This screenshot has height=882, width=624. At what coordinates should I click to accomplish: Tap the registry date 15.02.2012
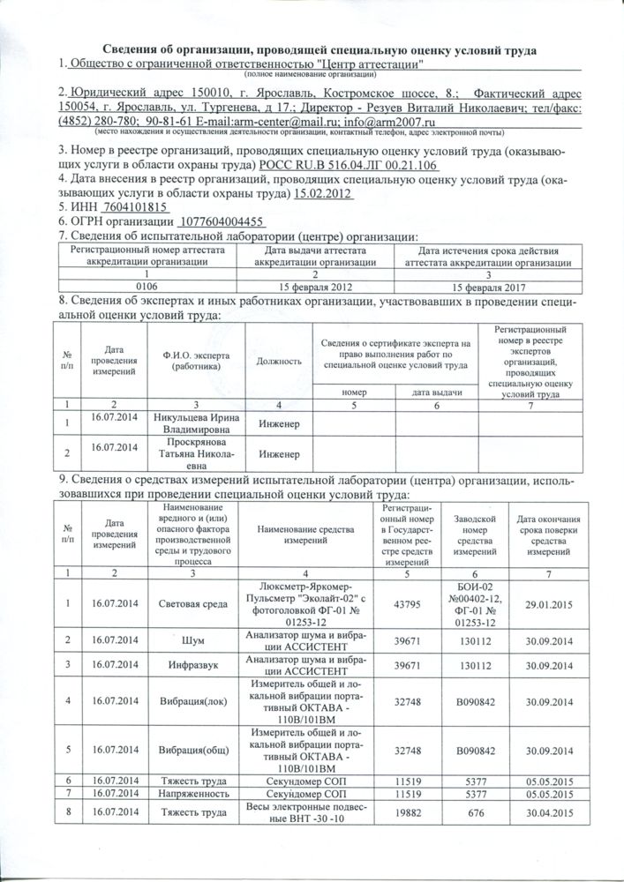pyautogui.click(x=323, y=192)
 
